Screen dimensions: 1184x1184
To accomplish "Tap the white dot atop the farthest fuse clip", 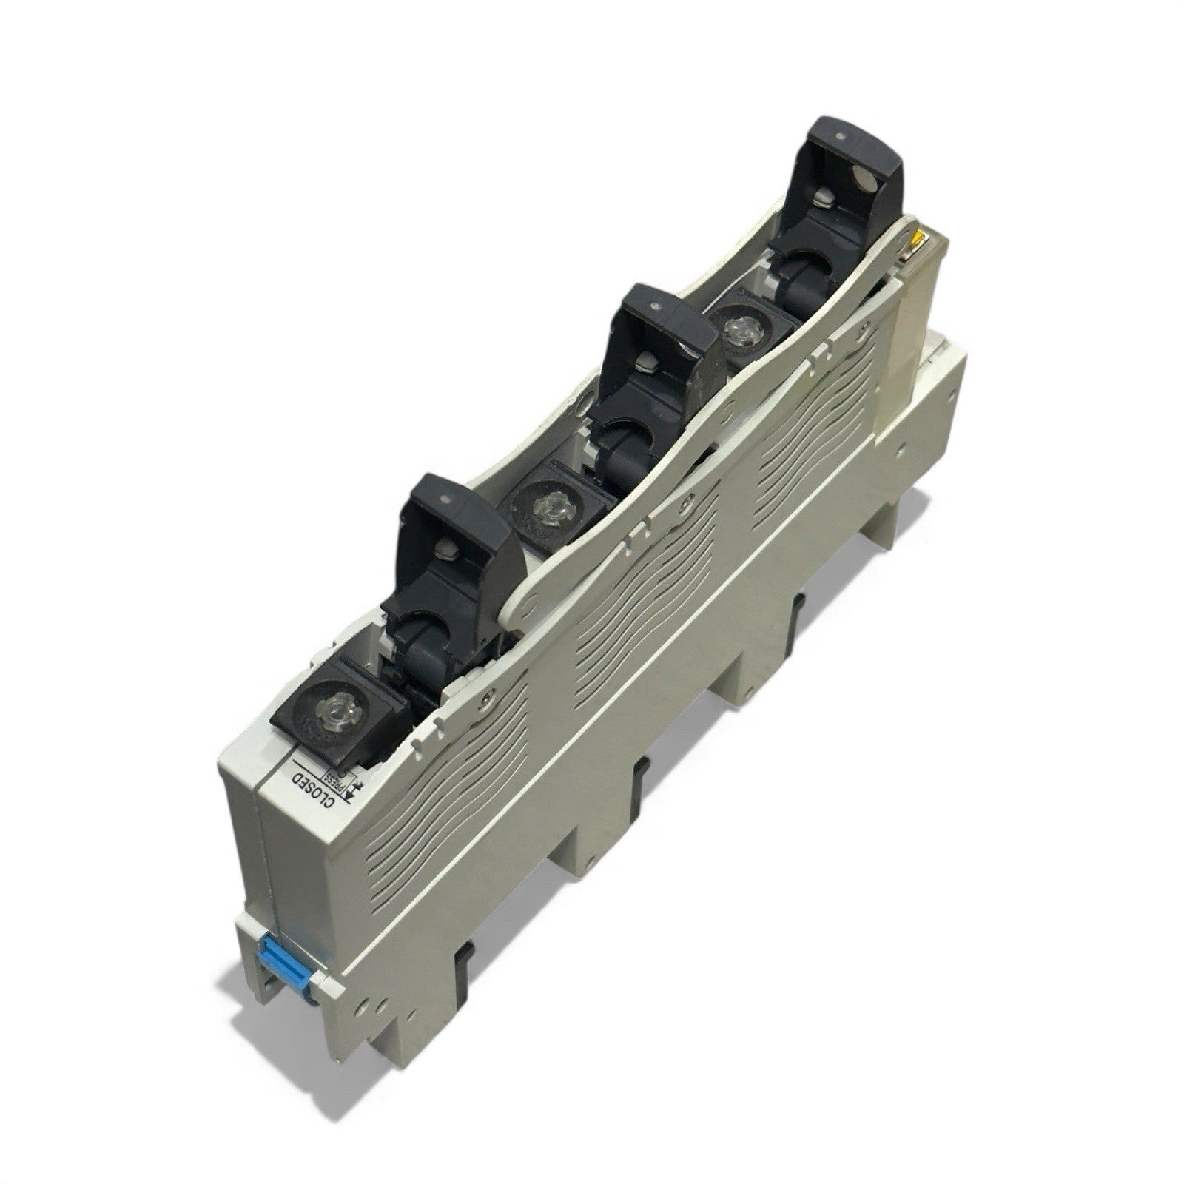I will pyautogui.click(x=841, y=134).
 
